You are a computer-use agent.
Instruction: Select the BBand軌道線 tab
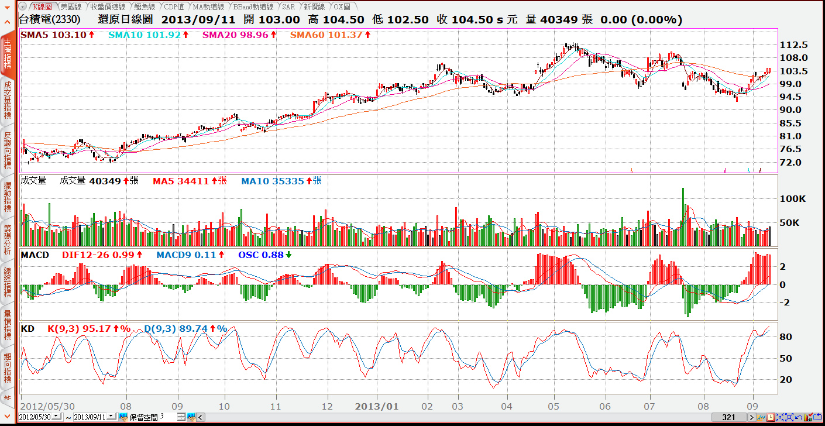[253, 7]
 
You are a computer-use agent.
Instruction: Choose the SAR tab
[288, 7]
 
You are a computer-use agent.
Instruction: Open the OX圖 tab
[342, 7]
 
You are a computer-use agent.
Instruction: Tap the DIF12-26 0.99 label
[98, 255]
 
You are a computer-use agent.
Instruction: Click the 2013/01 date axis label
[377, 406]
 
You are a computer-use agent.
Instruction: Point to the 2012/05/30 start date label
[47, 406]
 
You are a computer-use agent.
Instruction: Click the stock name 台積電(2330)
[50, 19]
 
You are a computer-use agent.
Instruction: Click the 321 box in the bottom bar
[728, 417]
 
